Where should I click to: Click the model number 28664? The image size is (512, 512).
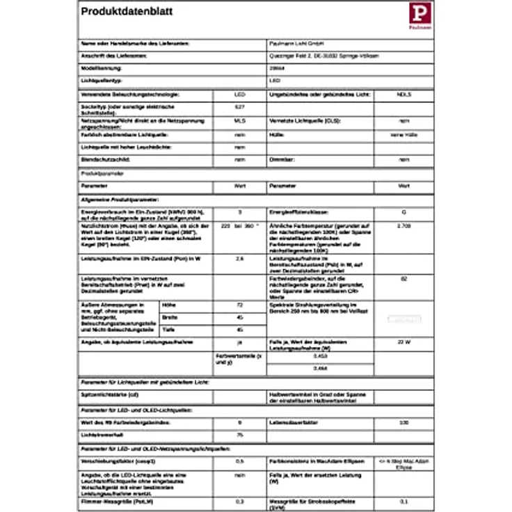276,68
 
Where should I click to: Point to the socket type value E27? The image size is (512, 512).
239,108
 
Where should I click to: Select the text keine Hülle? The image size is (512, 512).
403,134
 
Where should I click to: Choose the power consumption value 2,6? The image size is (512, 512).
239,259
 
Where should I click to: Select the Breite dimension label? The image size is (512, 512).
169,317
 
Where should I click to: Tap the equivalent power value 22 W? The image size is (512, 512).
403,343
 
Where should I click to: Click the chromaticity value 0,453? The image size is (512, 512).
321,355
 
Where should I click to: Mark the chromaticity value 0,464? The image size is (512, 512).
321,367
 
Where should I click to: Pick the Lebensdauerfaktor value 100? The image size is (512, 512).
403,422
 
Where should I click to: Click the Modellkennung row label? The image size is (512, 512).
102,68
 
